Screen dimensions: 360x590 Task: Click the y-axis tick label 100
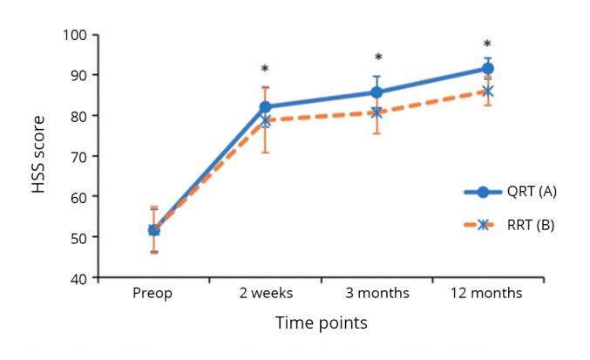76,35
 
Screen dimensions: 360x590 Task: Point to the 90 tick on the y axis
79,75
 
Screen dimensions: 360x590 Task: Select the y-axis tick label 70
79,156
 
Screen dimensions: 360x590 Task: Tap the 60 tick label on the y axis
79,197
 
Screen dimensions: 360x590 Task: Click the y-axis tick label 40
79,278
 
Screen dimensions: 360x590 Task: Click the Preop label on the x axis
153,293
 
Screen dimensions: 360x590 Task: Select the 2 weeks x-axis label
265,293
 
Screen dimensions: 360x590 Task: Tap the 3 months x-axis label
376,293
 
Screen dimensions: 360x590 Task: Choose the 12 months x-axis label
487,293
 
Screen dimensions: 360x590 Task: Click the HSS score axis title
39,156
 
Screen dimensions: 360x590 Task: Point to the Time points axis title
321,323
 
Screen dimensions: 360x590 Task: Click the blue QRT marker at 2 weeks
265,107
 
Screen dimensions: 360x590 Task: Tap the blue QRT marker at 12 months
488,68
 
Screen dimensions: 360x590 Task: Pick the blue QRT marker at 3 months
376,92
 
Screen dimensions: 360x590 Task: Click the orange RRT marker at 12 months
488,91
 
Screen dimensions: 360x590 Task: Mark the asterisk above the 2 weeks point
265,69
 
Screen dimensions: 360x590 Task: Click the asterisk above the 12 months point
487,44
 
